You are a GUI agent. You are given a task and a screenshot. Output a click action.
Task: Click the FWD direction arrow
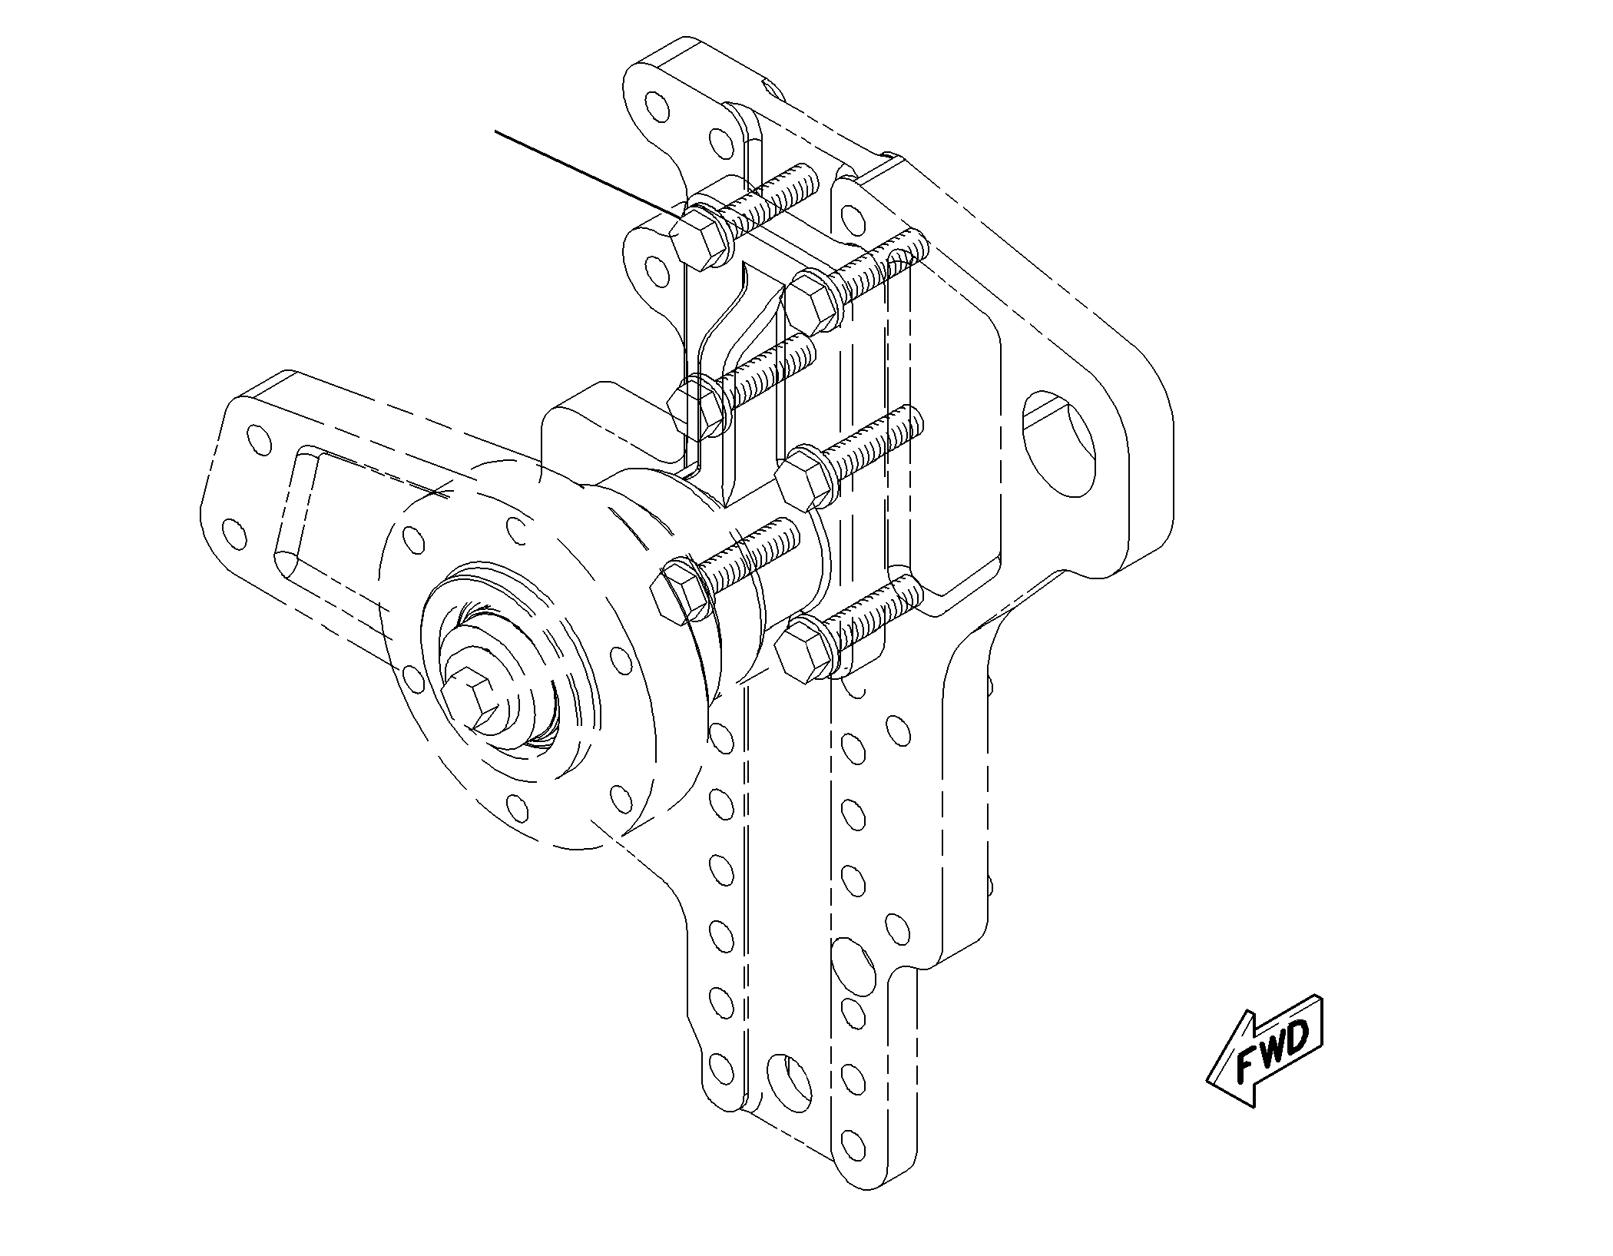(1266, 1050)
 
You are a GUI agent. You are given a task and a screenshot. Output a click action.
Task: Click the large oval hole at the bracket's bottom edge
(790, 1085)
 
